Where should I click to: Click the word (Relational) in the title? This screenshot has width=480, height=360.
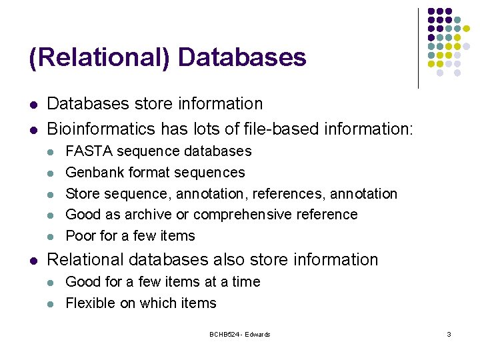click(99, 57)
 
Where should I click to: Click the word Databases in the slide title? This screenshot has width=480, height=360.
click(242, 57)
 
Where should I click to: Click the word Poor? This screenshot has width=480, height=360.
click(81, 236)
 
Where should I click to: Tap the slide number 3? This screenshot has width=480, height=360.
click(449, 334)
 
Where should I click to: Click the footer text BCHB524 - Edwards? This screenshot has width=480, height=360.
click(240, 334)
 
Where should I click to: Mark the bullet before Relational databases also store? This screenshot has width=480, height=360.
click(33, 261)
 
